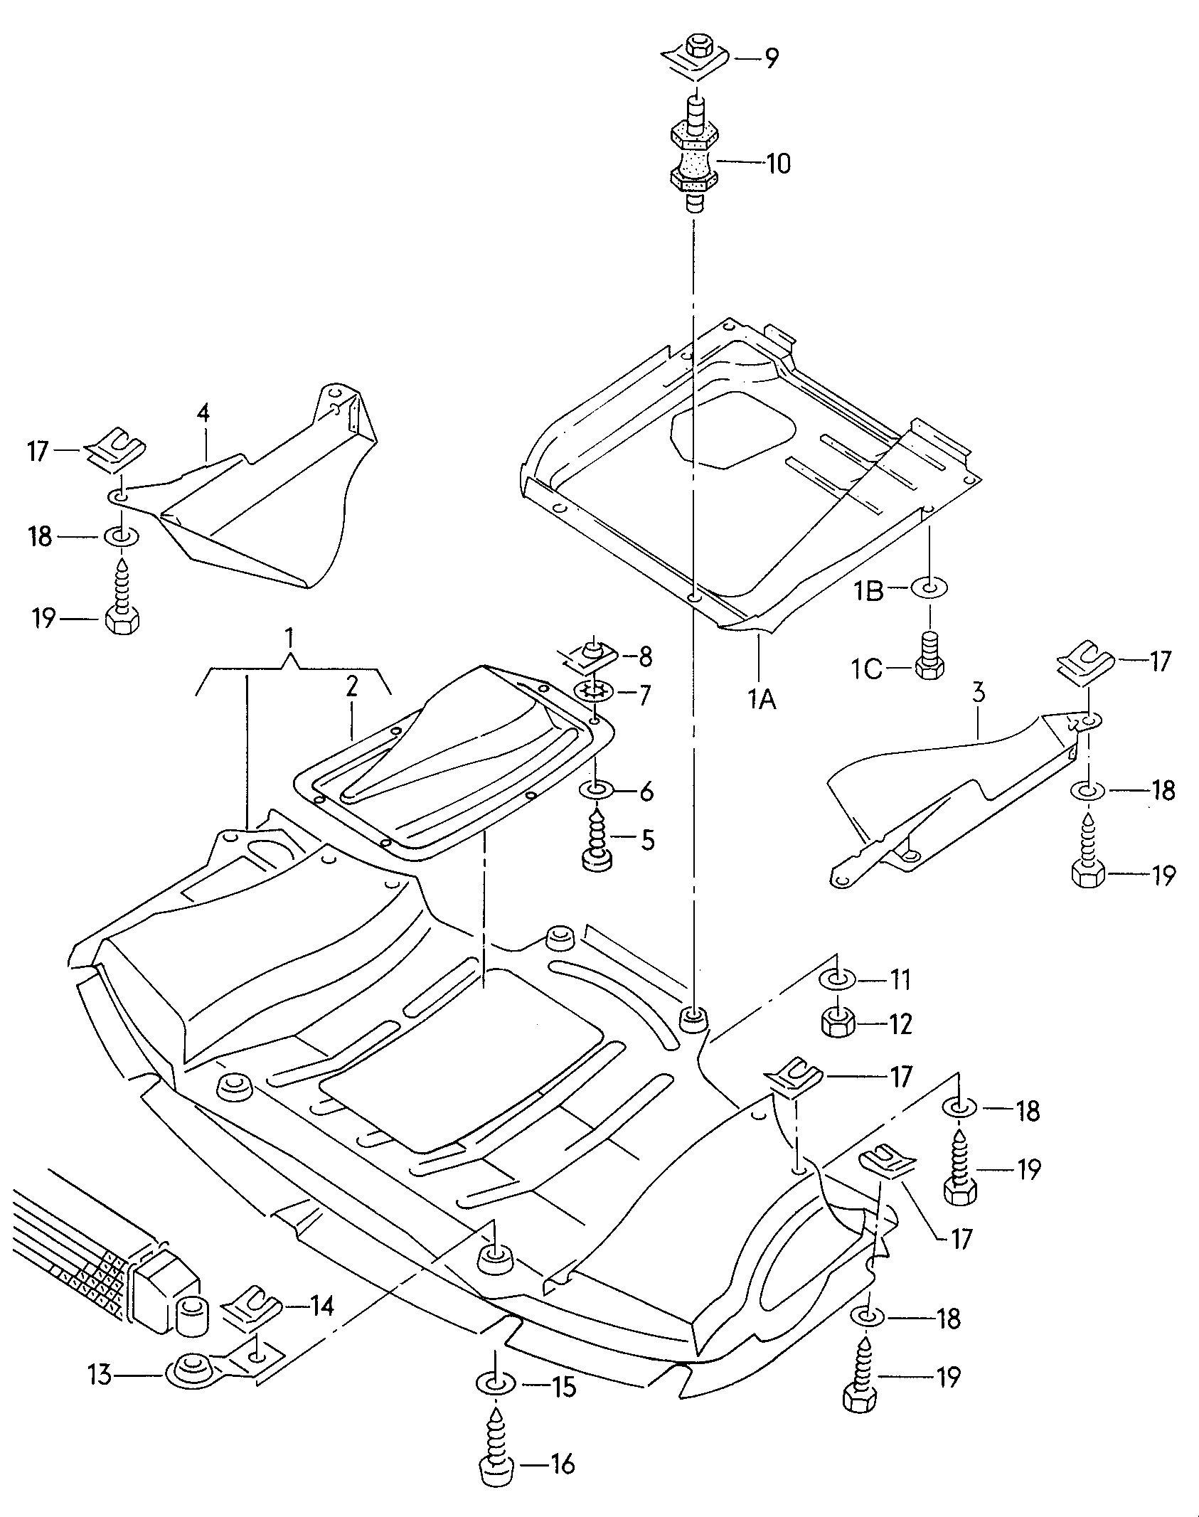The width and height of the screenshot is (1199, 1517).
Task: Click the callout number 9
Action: click(x=771, y=58)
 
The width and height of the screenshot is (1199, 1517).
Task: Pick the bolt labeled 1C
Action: click(x=929, y=656)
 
